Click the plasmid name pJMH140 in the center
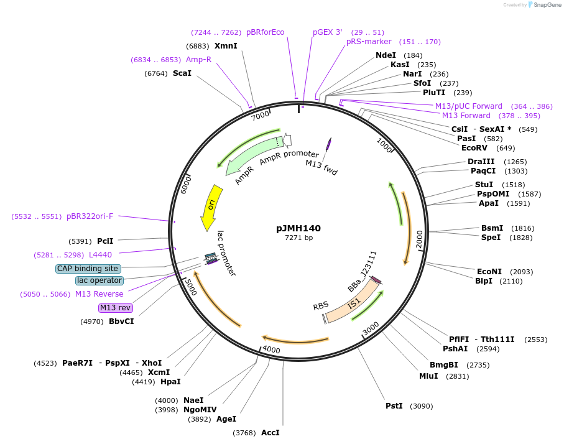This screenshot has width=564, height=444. [298, 228]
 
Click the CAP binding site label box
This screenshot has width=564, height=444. [88, 269]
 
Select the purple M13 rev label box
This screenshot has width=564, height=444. [116, 308]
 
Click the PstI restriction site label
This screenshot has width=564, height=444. [394, 406]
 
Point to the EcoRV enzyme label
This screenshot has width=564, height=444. [474, 148]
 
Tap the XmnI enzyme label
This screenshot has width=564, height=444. [226, 46]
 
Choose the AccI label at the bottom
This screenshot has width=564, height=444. [270, 433]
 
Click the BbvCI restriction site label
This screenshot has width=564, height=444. [121, 321]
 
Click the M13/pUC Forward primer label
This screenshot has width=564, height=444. [468, 106]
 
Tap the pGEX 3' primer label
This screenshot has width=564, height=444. [328, 32]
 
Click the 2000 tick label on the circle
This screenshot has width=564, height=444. [419, 238]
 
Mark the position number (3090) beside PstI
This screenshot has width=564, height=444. [420, 406]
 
